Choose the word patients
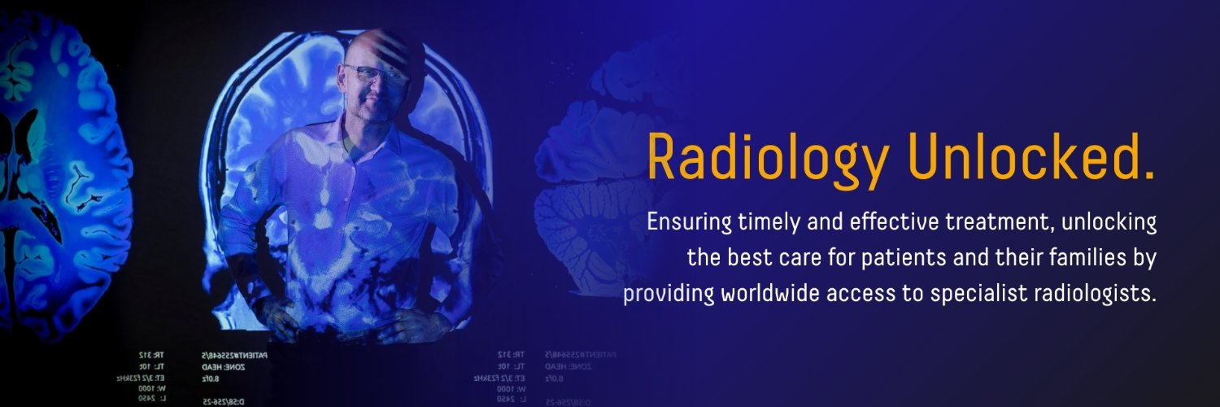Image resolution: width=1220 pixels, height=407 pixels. click(x=882, y=258)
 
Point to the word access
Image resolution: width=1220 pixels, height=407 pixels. click(x=856, y=294)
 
